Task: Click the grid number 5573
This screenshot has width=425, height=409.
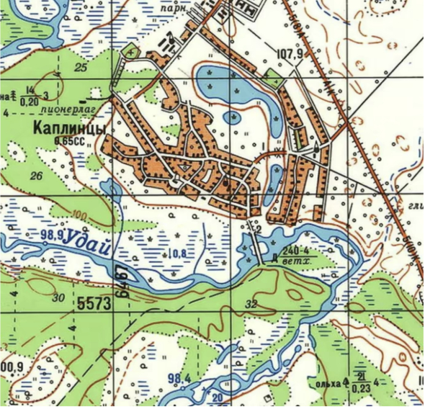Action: click(93, 304)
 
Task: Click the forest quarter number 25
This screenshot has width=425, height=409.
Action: click(81, 67)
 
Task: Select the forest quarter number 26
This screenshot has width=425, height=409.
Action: click(39, 174)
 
